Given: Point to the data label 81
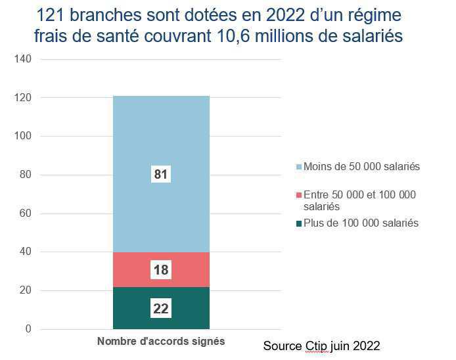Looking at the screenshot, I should pyautogui.click(x=161, y=175).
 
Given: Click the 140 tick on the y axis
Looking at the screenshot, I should pyautogui.click(x=22, y=59).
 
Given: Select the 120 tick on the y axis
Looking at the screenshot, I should pyautogui.click(x=22, y=98).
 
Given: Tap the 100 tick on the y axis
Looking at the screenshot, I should pyautogui.click(x=22, y=137).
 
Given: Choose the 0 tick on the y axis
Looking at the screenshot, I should pyautogui.click(x=28, y=329).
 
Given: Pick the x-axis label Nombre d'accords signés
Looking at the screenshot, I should pyautogui.click(x=161, y=342).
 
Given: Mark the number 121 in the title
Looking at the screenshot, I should pyautogui.click(x=53, y=15).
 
